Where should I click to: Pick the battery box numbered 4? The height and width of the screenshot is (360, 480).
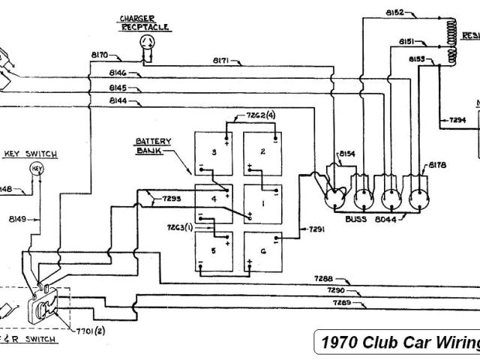pos(214,200)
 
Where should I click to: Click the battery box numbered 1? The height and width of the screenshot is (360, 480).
pos(262,202)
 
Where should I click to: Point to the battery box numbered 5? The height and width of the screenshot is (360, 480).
pos(214,251)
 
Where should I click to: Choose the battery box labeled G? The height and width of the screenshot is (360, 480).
pos(262,251)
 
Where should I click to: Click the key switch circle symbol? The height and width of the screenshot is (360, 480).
pos(34,170)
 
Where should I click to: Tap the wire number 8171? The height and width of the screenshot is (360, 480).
pos(223,59)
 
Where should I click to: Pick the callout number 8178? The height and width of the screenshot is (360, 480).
pos(437,163)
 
